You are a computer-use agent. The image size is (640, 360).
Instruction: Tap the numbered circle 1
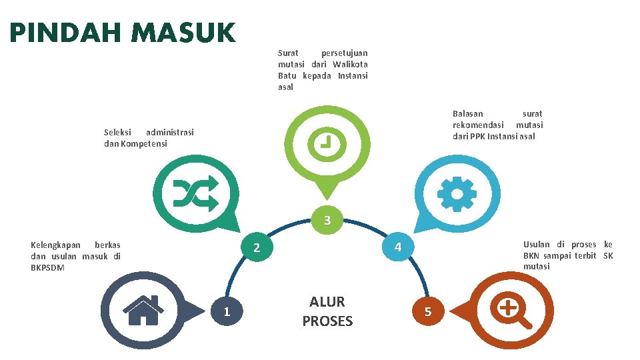coord(227,311)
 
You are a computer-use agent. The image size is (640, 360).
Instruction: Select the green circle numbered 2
coord(257,248)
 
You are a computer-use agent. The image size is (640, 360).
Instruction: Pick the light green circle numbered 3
coord(327,221)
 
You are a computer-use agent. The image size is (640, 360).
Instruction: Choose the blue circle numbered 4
coord(397,248)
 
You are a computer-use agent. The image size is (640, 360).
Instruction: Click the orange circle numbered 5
coord(428,311)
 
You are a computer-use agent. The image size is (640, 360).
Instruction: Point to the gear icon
coord(456,194)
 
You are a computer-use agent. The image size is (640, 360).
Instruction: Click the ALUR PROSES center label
coord(327,311)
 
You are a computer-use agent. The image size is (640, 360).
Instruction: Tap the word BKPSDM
coord(48,268)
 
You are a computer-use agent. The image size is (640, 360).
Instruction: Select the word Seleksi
coord(118,132)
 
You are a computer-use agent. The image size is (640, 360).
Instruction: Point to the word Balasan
coord(468,114)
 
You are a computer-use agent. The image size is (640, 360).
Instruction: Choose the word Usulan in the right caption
coord(537,245)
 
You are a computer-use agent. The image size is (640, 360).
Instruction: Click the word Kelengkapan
coord(55,245)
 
